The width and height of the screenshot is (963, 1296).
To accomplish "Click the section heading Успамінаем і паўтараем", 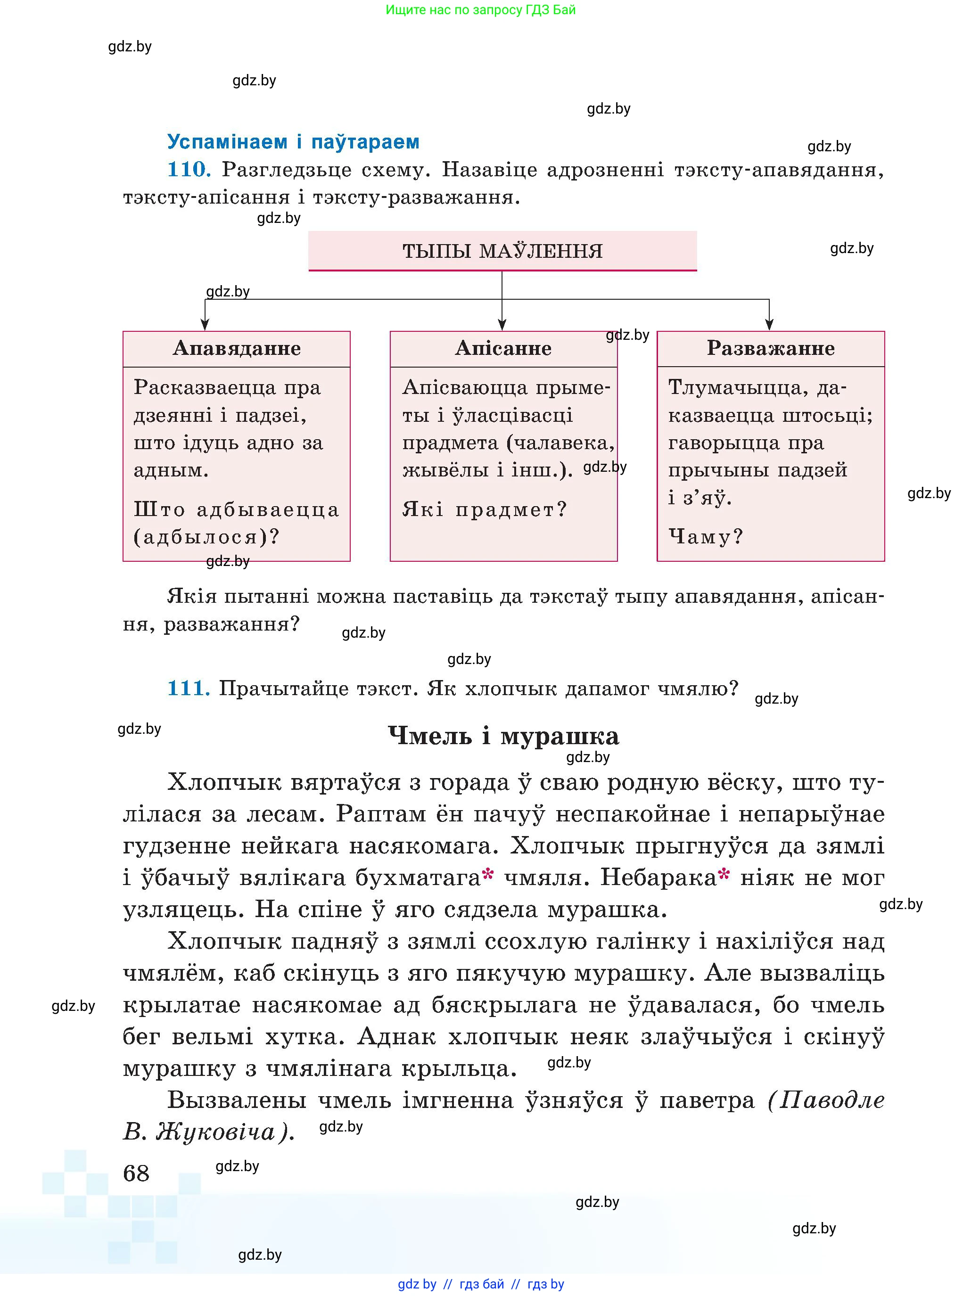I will (293, 141).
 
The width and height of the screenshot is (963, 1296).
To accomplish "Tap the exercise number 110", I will (188, 170).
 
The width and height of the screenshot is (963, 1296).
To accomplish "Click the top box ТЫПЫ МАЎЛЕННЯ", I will (502, 251).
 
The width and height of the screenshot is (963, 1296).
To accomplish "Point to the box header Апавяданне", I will (237, 348).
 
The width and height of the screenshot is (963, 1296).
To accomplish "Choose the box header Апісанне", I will (503, 348).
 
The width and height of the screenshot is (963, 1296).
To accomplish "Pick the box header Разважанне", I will (770, 348).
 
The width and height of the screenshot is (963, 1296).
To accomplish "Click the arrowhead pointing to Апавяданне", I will (205, 325).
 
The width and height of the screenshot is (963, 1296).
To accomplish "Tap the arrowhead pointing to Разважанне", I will (769, 325).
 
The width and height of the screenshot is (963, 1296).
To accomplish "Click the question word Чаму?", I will (705, 537).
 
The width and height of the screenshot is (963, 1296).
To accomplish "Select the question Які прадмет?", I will (484, 510).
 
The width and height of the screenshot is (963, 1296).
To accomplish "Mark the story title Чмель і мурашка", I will (503, 736).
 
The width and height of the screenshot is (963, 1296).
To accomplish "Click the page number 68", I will (136, 1173).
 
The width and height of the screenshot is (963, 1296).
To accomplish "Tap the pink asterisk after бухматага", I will (488, 875).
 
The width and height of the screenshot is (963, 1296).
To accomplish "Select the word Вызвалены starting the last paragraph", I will (237, 1100).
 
